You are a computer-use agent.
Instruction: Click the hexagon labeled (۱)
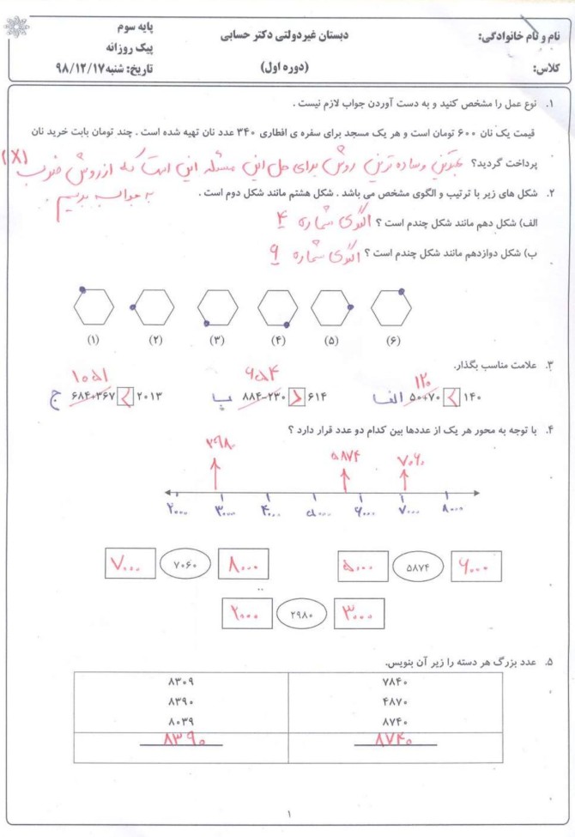(91, 306)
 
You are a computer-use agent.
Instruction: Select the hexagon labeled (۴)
(277, 306)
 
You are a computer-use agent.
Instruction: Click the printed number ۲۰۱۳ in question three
(144, 397)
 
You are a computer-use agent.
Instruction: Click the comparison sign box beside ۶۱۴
(294, 397)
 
